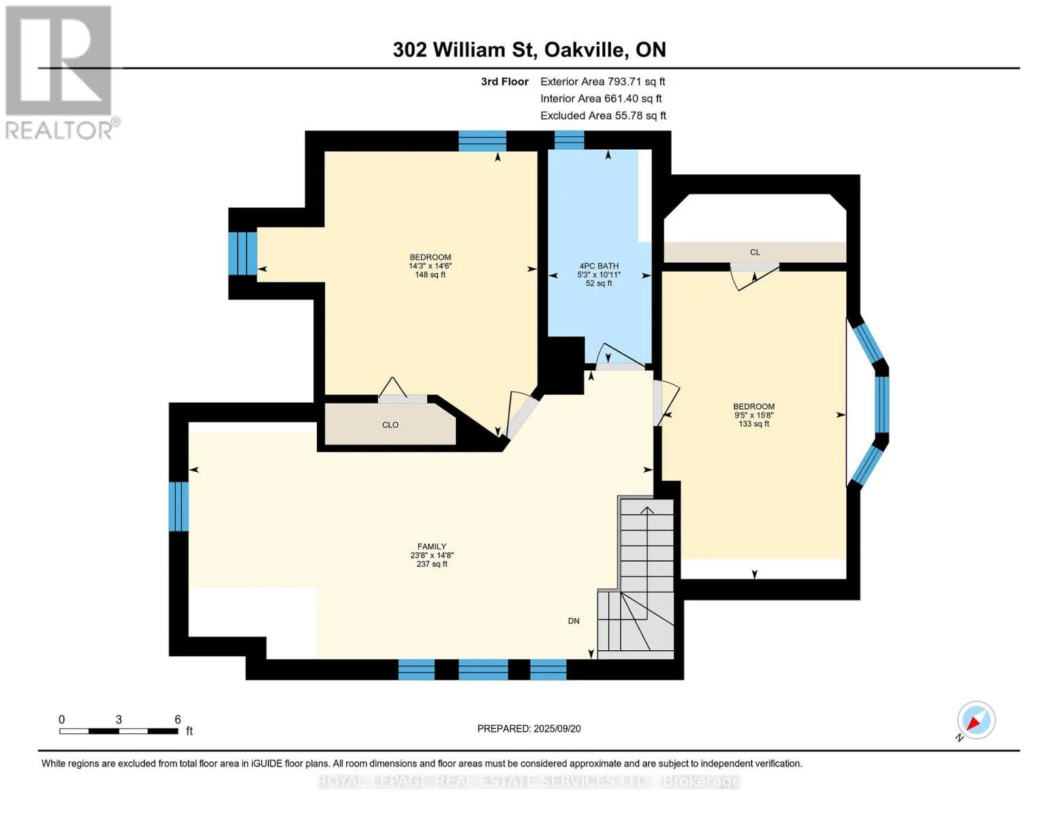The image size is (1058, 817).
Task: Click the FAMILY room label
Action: pos(431,546)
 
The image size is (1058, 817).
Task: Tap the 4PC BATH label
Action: pos(599,266)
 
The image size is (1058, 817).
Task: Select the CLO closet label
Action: pos(390,425)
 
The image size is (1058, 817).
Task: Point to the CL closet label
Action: pos(755,252)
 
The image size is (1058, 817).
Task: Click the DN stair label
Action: pos(574,621)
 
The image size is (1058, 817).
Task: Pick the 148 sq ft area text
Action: pos(430,274)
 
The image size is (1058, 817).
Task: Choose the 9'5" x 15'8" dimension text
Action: pos(753,415)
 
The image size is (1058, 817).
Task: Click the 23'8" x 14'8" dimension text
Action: pos(432,555)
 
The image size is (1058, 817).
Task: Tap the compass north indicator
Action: pos(976,721)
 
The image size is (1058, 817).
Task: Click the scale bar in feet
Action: pos(119,731)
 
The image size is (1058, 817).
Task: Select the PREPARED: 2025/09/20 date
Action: pos(529,728)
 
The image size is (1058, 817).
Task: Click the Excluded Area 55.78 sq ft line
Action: pos(603,115)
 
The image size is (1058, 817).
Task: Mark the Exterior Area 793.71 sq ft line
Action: pos(603,81)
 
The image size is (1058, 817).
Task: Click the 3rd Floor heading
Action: pos(504,81)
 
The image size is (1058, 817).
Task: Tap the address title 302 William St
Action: pos(463,50)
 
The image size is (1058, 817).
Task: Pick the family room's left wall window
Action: pos(178,506)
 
